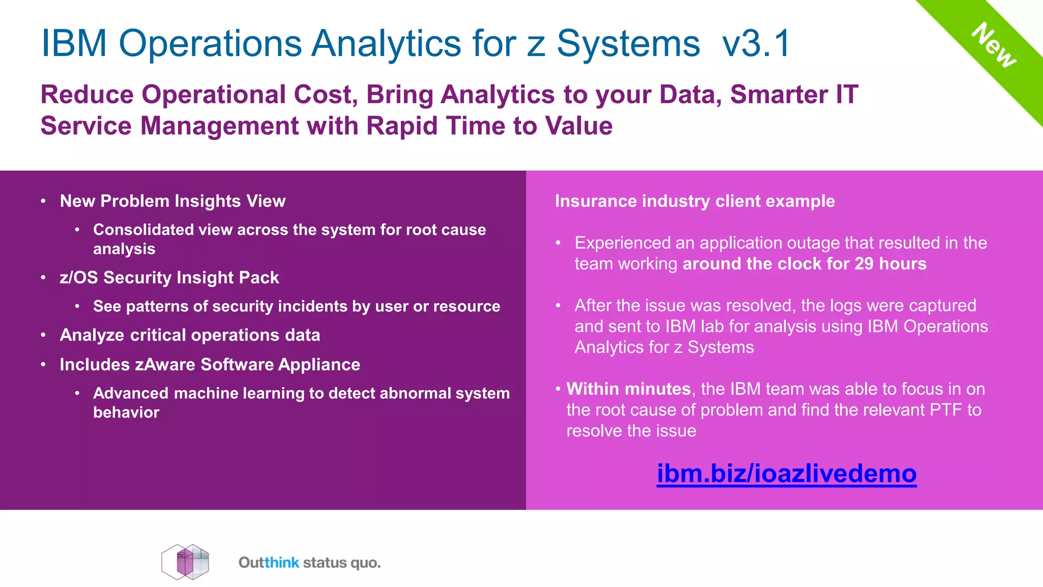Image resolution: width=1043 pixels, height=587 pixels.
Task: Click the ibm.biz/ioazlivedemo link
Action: click(x=786, y=473)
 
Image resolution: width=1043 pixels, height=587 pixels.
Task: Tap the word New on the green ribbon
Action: click(x=994, y=45)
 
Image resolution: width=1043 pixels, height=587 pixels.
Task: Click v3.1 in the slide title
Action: click(x=756, y=43)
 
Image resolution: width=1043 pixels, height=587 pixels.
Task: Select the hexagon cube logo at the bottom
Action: click(x=185, y=562)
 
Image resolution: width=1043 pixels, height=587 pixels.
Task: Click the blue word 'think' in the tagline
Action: click(x=282, y=563)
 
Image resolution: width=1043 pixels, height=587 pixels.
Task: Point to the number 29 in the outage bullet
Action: click(x=864, y=264)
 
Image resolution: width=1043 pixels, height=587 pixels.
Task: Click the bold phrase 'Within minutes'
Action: click(x=628, y=389)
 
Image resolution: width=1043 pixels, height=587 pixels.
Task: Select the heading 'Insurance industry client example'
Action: click(x=695, y=201)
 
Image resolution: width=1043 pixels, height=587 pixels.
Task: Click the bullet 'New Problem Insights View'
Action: click(x=172, y=201)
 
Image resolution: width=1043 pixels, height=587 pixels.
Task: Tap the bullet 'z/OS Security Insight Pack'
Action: click(x=169, y=277)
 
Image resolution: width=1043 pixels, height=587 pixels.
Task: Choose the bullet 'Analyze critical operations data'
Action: click(x=189, y=335)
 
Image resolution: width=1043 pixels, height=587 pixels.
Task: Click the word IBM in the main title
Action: click(x=74, y=43)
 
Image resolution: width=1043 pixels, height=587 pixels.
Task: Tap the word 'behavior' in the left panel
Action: click(x=126, y=412)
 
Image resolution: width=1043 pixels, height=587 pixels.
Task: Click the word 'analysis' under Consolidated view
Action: click(x=124, y=249)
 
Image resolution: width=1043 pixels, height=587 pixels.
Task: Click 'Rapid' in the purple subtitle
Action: click(x=401, y=126)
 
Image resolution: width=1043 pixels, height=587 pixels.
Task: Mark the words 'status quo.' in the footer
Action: click(x=341, y=563)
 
